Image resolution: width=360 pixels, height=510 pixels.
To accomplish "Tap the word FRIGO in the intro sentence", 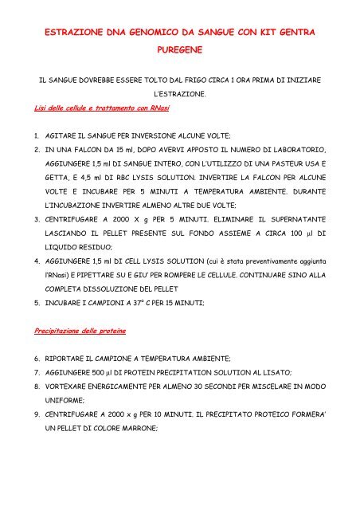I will (x=170, y=81).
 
